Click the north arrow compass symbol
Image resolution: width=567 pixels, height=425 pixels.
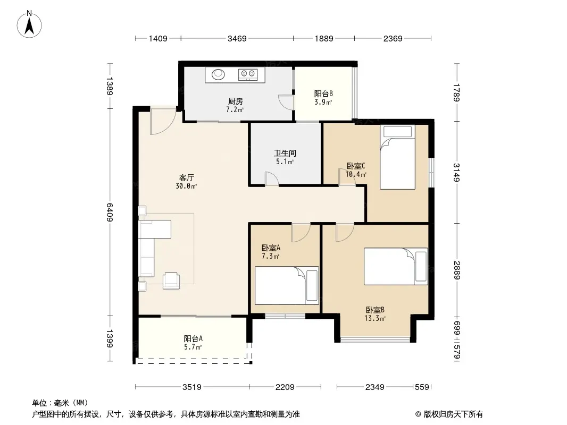[29, 24]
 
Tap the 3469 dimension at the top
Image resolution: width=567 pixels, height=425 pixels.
[237, 38]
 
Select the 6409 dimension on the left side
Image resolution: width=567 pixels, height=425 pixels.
[110, 212]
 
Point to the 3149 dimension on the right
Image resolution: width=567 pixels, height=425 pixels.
[457, 173]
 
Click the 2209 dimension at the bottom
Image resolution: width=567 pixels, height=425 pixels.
[285, 387]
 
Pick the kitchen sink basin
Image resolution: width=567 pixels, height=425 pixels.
[218, 74]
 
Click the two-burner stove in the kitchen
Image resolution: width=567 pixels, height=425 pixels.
[248, 74]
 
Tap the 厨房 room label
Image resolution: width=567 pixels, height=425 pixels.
[236, 101]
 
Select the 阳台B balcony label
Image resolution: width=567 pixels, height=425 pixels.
[323, 94]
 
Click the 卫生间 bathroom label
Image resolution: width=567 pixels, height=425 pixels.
[285, 153]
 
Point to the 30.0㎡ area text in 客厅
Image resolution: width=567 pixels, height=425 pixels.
[186, 186]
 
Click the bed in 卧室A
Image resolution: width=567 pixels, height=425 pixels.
[287, 286]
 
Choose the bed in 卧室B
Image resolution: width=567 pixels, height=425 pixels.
[396, 266]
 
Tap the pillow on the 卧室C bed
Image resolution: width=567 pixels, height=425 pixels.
[397, 131]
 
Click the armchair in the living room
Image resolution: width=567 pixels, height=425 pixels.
[171, 280]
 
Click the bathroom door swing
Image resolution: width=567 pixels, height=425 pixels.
[272, 178]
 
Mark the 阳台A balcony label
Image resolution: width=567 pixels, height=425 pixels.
[193, 339]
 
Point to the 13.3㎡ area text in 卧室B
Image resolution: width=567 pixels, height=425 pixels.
[375, 318]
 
